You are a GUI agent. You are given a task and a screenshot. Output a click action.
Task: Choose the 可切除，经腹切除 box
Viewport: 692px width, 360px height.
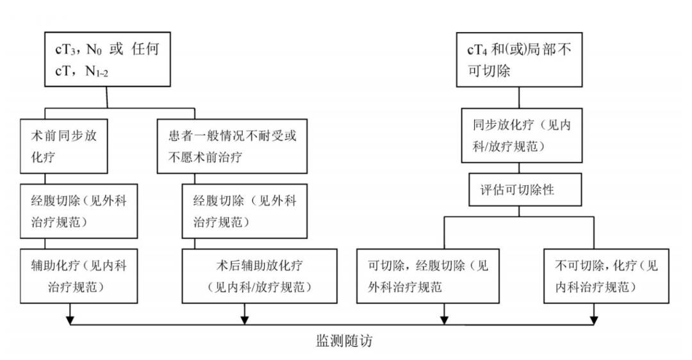coord(427,275)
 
